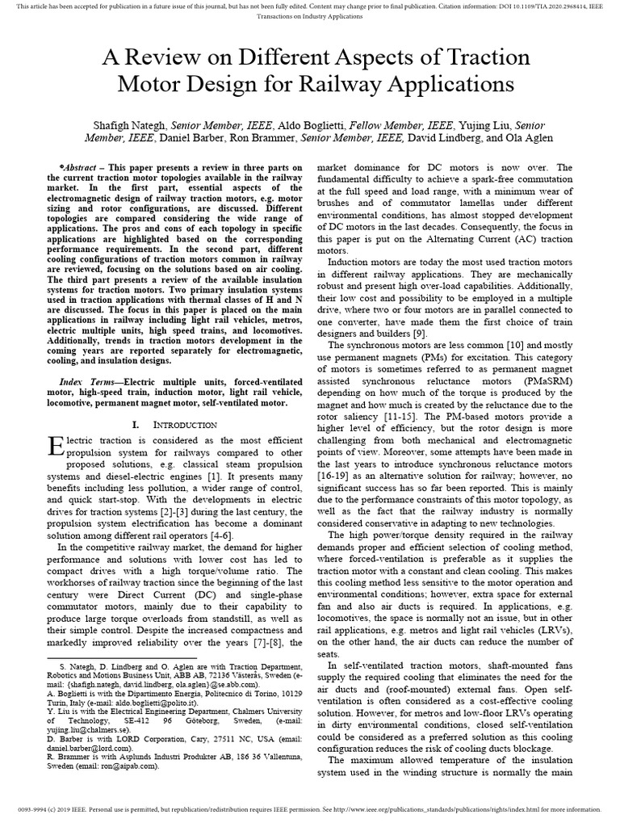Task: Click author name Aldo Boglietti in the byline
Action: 312,126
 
